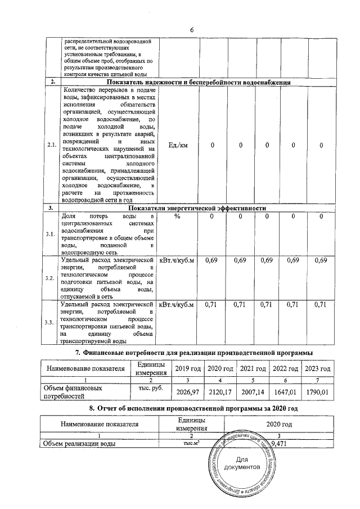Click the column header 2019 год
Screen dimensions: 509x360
(x=187, y=368)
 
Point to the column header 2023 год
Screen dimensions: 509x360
(x=318, y=368)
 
